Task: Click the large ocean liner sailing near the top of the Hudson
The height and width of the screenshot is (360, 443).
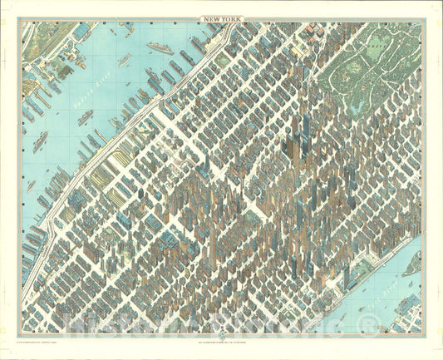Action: click(x=160, y=48)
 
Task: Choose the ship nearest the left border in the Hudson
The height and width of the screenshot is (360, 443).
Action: click(x=31, y=187)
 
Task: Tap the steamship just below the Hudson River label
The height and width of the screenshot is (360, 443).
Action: click(x=86, y=119)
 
